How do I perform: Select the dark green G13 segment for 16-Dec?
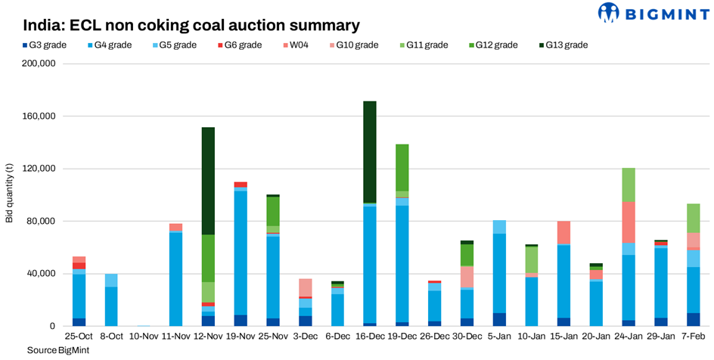(370, 151)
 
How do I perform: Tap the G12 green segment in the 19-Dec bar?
(402, 167)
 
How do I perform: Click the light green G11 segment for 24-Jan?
(629, 185)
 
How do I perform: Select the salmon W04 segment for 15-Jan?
(563, 232)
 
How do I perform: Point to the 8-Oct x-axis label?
(111, 336)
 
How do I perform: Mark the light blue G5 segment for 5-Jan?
(499, 227)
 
